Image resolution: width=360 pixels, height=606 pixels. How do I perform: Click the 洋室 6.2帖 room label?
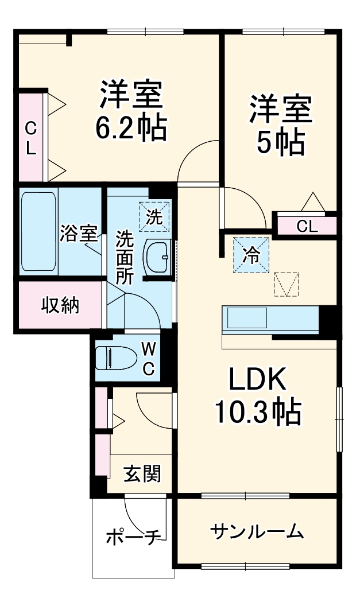point(131,111)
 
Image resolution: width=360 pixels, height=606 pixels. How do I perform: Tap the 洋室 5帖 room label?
point(280,125)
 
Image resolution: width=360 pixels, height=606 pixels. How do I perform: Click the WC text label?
point(148,358)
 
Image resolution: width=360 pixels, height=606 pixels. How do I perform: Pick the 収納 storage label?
point(59,305)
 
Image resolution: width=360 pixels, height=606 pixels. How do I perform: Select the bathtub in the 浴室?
point(39,231)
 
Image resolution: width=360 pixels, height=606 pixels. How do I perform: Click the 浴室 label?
point(78,233)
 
